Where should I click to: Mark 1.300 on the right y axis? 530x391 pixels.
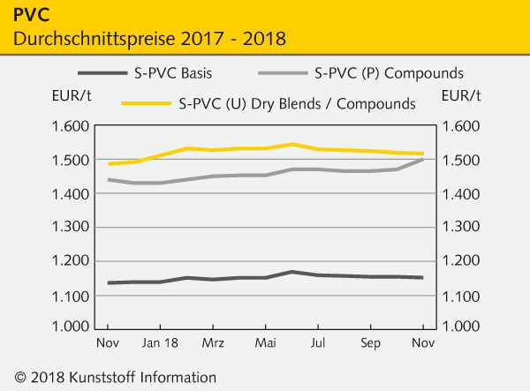463,227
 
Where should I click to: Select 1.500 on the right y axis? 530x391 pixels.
463,160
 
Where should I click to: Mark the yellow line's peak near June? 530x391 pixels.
292,144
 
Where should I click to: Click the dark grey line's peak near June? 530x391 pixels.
292,272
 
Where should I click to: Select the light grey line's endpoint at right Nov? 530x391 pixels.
423,159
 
